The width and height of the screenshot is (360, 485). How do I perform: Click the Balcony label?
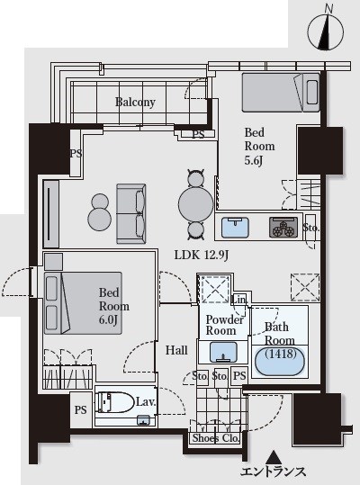[x=135, y=102]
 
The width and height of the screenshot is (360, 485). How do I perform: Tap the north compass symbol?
[x=326, y=31]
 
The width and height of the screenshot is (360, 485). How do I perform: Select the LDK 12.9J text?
[x=202, y=256]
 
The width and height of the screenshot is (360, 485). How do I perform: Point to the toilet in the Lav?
[x=115, y=402]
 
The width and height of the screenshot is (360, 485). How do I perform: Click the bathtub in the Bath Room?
[x=280, y=362]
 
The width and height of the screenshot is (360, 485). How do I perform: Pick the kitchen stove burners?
[x=283, y=228]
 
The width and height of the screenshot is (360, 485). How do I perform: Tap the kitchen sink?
[x=235, y=228]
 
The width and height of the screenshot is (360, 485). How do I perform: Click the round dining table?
[x=196, y=203]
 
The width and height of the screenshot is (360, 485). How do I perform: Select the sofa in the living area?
[x=131, y=214]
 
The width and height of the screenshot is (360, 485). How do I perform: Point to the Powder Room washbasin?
[x=223, y=352]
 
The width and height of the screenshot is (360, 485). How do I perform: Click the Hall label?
[x=176, y=350]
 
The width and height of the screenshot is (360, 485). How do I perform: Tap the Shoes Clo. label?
[x=216, y=438]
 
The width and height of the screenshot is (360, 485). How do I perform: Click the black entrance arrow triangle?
[x=273, y=457]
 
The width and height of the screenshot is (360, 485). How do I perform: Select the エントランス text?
[x=273, y=472]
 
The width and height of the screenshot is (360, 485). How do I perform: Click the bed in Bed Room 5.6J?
[x=281, y=92]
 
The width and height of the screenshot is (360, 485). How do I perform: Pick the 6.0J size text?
[x=108, y=319]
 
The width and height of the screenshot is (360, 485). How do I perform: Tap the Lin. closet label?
[x=239, y=300]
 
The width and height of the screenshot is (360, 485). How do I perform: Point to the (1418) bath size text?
[x=281, y=354]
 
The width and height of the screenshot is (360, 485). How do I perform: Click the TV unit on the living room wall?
[x=51, y=214]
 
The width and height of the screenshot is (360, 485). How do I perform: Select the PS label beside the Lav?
[x=81, y=410]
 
